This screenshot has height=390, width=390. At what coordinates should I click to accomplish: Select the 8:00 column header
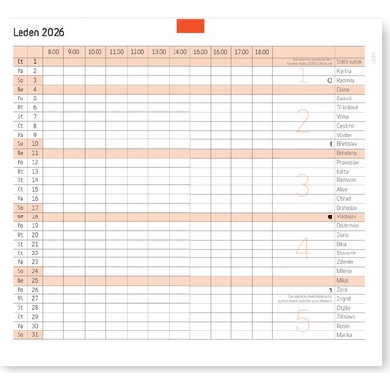click(53, 51)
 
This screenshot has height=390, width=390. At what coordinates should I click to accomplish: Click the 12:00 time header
click(136, 51)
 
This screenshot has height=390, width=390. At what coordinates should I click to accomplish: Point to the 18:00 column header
click(261, 51)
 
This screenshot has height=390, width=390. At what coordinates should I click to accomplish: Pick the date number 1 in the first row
click(35, 61)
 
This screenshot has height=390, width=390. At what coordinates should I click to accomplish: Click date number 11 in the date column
click(35, 153)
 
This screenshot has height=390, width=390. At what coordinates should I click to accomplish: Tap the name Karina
click(344, 71)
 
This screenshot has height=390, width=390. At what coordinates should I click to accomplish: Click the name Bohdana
click(347, 153)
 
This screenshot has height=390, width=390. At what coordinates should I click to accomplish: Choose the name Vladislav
click(347, 216)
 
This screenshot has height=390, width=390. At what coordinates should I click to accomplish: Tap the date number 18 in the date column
click(35, 216)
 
